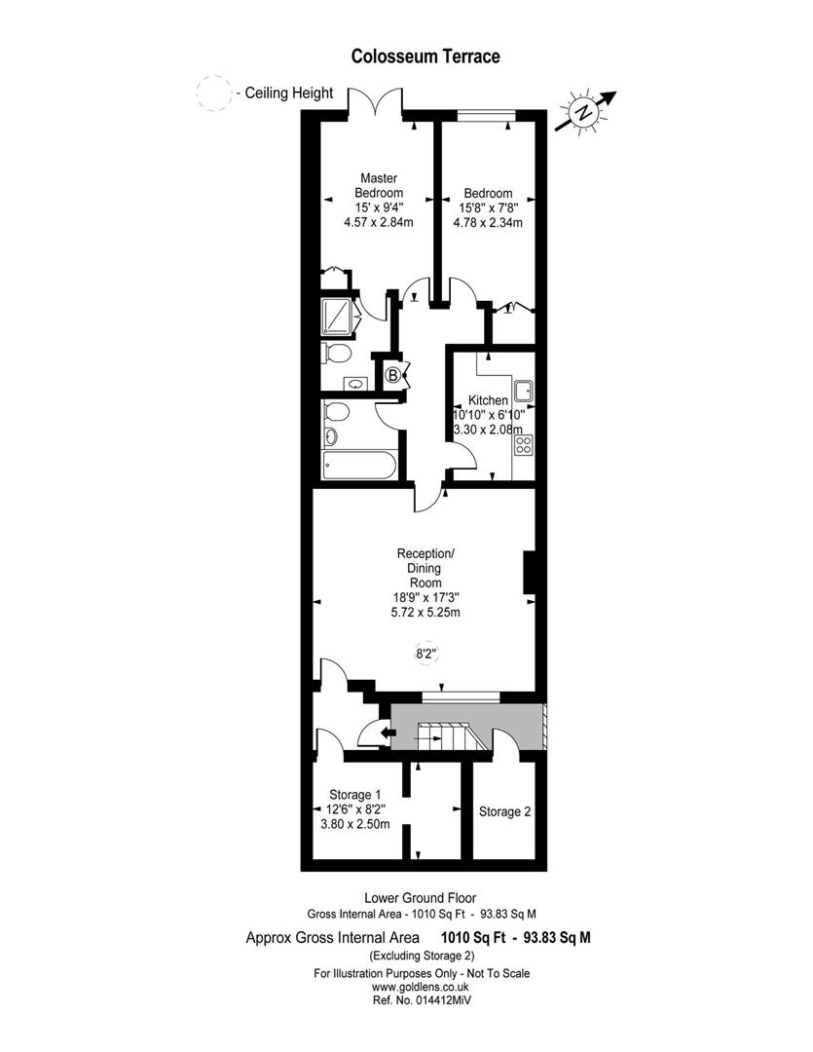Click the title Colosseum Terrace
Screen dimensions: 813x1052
click(425, 56)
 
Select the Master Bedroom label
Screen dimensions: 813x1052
click(379, 185)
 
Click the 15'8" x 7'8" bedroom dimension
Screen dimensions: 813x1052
click(488, 208)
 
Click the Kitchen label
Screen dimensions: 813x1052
click(488, 400)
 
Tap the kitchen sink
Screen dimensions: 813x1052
click(523, 389)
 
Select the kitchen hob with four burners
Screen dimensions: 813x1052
click(523, 444)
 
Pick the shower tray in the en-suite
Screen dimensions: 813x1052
click(338, 316)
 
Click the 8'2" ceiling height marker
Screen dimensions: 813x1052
click(426, 652)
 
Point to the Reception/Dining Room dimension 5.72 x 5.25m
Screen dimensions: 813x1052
click(425, 612)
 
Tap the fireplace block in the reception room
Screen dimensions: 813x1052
click(529, 573)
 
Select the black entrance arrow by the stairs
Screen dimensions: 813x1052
click(388, 733)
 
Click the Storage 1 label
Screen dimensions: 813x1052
click(354, 795)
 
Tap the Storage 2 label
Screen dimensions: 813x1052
click(504, 811)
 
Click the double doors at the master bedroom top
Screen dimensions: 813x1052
click(376, 102)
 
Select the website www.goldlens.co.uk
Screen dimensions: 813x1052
click(421, 987)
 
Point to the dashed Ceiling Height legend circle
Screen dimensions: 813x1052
click(214, 94)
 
